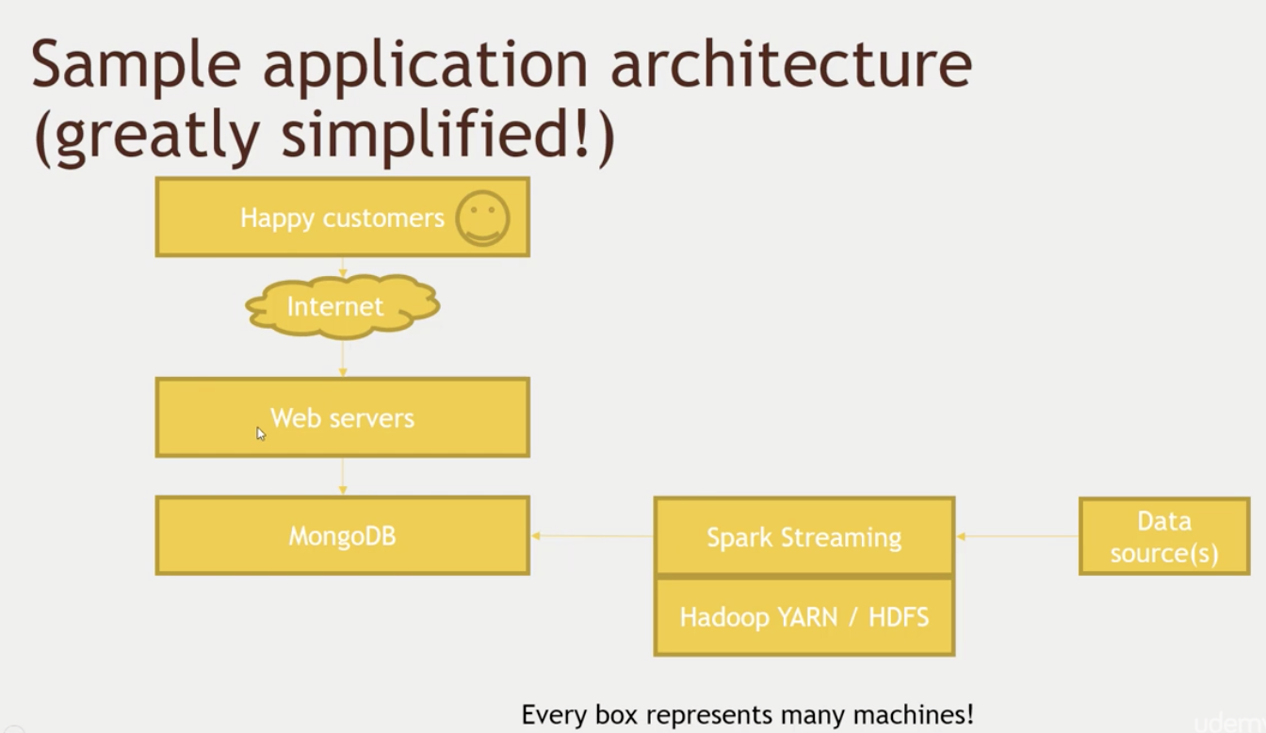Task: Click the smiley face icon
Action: click(x=482, y=218)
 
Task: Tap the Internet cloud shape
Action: click(x=343, y=306)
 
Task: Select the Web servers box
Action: click(x=343, y=417)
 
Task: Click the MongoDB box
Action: click(x=343, y=535)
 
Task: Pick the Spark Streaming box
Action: click(x=804, y=536)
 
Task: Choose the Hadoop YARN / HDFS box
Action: click(x=804, y=616)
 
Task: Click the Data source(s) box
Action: click(x=1164, y=536)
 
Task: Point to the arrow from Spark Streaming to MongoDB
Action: click(x=592, y=536)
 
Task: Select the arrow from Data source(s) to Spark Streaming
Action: click(x=1017, y=536)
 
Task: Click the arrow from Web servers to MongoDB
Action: click(x=343, y=477)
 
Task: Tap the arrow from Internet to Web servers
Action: click(x=343, y=358)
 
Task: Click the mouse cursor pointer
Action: click(x=261, y=434)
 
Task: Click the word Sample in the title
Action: click(x=137, y=65)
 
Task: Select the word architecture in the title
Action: click(x=792, y=63)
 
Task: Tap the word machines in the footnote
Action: click(x=913, y=714)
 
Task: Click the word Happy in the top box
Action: click(x=277, y=219)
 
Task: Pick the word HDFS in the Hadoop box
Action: click(x=899, y=616)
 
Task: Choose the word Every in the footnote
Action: click(x=555, y=715)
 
